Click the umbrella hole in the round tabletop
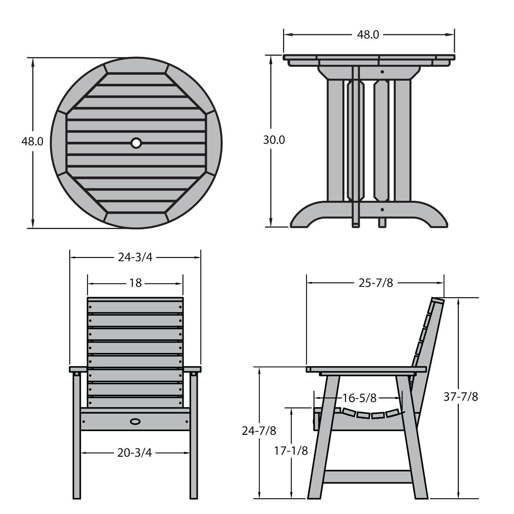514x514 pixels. pos(136,143)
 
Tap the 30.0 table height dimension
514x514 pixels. pos(274,140)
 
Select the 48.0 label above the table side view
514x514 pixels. pos(368,35)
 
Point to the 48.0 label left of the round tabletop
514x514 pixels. pos(32,141)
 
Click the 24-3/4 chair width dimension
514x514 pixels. pos(135,257)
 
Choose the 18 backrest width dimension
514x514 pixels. pos(135,283)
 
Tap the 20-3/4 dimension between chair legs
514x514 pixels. pos(134,453)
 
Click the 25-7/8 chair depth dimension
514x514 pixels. pos(376,283)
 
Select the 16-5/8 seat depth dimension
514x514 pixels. pos(359,398)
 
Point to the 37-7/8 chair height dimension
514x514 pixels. pos(461,396)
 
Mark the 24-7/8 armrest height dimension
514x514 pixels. pos(259,430)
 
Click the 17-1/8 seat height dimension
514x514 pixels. pos(291,451)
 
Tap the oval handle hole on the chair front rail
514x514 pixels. pos(135,421)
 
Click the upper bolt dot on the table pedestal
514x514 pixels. pos(382,72)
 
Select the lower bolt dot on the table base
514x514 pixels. pos(382,209)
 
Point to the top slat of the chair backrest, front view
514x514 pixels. pos(135,306)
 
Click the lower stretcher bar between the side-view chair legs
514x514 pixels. pos(367,476)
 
